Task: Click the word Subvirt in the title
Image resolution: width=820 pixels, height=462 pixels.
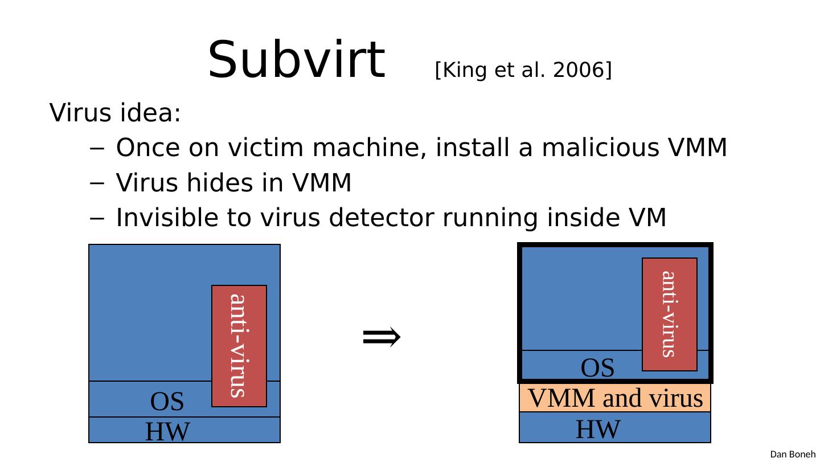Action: pyautogui.click(x=296, y=60)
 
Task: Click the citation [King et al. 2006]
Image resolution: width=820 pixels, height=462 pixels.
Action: pyautogui.click(x=523, y=70)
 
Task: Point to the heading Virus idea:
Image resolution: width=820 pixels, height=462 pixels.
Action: pyautogui.click(x=116, y=113)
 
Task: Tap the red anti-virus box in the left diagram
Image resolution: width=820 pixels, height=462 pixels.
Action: pyautogui.click(x=239, y=345)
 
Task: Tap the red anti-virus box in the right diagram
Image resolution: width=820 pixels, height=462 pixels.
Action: pyautogui.click(x=670, y=314)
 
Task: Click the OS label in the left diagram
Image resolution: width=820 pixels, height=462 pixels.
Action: pyautogui.click(x=167, y=402)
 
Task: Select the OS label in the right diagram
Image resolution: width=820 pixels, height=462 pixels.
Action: pyautogui.click(x=597, y=368)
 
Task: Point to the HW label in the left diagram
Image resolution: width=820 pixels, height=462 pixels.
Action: pyautogui.click(x=167, y=431)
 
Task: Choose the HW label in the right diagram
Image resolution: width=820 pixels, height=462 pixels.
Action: pyautogui.click(x=597, y=429)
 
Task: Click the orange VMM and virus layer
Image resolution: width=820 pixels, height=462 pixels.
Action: pyautogui.click(x=615, y=398)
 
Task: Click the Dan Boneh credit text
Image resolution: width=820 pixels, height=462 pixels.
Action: pyautogui.click(x=793, y=454)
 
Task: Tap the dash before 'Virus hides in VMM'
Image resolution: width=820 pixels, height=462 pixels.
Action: pyautogui.click(x=96, y=184)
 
